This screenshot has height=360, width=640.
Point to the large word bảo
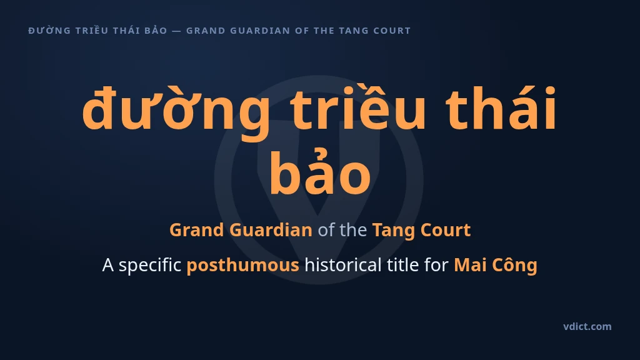point(320,171)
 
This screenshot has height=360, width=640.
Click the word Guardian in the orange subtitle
point(271,230)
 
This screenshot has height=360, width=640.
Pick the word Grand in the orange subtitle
point(197,230)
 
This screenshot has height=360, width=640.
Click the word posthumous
point(243,265)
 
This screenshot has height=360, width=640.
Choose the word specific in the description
point(150,265)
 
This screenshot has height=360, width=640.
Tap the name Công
point(514,265)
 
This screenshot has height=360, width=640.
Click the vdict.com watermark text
point(587,326)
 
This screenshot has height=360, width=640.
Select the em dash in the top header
point(176,31)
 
